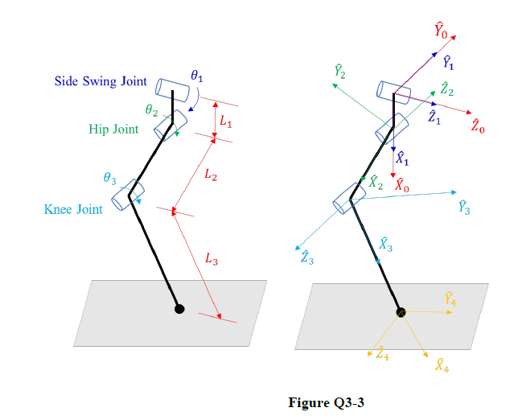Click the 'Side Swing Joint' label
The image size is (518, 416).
(101, 81)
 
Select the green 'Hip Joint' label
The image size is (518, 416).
(113, 129)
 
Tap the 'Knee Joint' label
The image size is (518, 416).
(73, 209)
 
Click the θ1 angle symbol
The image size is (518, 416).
(197, 76)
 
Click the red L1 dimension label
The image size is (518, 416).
(226, 124)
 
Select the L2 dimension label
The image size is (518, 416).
(211, 176)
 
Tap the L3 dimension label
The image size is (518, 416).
(210, 258)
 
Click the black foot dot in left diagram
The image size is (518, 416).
(179, 308)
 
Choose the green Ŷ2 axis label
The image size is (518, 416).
(341, 72)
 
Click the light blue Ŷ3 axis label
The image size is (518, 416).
(463, 207)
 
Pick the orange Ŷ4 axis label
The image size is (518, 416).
(452, 300)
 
